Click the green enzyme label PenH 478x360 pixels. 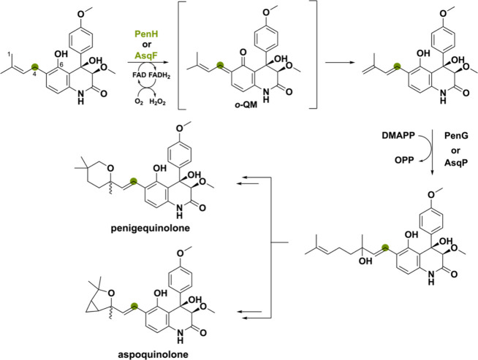pos(147,34)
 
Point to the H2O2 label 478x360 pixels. pos(158,102)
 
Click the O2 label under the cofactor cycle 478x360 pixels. pos(139,102)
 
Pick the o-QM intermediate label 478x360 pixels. pos(246,104)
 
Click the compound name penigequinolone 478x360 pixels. pos(151,228)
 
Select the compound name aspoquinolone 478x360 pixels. pos(153,354)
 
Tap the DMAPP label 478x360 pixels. pos(398,135)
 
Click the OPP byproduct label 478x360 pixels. pos(404,160)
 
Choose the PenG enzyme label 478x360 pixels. pos(456,135)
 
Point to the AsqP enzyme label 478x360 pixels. pos(456,163)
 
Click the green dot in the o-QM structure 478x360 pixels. pos(219,65)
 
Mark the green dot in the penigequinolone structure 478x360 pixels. pos(133,181)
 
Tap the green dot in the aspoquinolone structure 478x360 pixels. pos(134,306)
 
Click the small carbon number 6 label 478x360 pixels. pos(61,64)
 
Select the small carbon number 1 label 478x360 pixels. pos(10,54)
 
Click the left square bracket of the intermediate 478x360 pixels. pos(179,54)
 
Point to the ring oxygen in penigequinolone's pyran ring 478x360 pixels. pos(110,168)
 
